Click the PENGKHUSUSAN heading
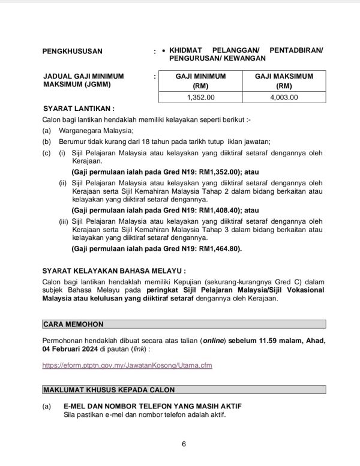click(73, 51)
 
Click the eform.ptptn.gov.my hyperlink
click(127, 364)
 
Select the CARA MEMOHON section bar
click(184, 324)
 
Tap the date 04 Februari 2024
click(74, 348)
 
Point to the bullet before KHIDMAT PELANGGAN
click(164, 51)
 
